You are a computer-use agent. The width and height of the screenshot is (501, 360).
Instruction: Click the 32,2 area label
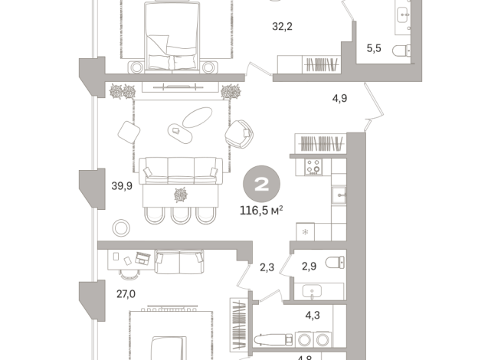pos(282,27)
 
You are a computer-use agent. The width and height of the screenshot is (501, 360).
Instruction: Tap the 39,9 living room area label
pos(122,186)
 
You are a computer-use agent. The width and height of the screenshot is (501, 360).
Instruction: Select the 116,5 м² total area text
pos(261,211)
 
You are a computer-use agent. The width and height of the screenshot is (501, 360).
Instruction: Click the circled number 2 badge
pos(262,185)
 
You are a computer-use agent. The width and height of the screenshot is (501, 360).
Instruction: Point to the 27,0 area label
pos(126,294)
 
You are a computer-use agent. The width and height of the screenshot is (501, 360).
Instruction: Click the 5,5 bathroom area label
pos(374,48)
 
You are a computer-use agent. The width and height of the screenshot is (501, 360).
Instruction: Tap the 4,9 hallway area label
pos(339,98)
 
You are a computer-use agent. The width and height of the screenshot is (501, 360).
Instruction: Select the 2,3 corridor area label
pos(267,267)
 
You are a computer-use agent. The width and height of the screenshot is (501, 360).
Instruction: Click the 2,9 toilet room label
pos(309,266)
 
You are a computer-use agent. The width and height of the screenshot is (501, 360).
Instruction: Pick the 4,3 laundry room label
pos(313,316)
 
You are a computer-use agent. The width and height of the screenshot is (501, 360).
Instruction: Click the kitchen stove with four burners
pos(313,167)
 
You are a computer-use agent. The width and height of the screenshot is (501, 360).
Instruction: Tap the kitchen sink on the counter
pos(339,195)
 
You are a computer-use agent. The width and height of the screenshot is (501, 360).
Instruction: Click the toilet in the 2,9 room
pos(335,263)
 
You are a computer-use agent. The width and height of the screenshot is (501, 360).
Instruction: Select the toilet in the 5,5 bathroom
pos(401,51)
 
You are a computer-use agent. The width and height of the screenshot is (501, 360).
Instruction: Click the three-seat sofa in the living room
pos(181,171)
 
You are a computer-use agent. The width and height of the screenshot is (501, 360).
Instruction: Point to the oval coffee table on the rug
pos(197,117)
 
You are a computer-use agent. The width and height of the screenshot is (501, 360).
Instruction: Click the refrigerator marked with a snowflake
pos(305,231)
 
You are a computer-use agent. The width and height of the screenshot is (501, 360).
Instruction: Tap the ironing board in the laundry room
pos(273,339)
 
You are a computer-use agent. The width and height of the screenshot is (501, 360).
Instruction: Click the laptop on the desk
pos(142,258)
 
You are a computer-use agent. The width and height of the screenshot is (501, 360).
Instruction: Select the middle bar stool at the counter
pos(181,215)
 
